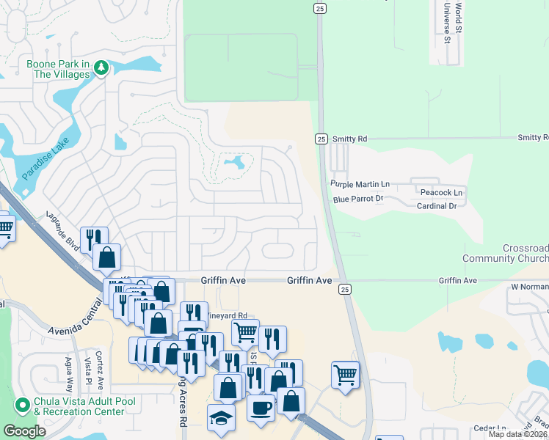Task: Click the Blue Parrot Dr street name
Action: pos(358,199)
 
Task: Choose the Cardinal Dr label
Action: pos(436,206)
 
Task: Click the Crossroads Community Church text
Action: pos(505,254)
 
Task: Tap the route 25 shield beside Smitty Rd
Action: pos(321,138)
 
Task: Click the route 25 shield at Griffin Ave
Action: pos(344,290)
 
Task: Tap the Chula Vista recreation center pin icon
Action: pos(23,404)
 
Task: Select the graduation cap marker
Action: pos(220,417)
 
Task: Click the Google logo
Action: pos(24,431)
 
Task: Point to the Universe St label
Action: pos(446,22)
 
